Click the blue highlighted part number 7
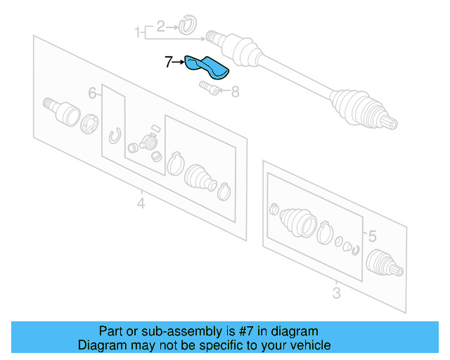click(x=207, y=67)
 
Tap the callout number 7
click(x=169, y=62)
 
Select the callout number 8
click(x=235, y=92)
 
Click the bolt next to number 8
click(x=209, y=88)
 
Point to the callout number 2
click(x=161, y=27)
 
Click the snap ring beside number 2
click(x=188, y=25)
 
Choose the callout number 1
click(x=138, y=32)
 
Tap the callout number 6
click(x=92, y=94)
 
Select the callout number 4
click(x=141, y=203)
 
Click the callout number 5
click(x=372, y=236)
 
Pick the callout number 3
click(x=337, y=293)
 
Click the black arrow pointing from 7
click(x=179, y=62)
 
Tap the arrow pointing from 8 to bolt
click(x=225, y=91)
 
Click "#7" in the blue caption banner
click(x=246, y=331)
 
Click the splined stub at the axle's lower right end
click(x=390, y=122)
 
